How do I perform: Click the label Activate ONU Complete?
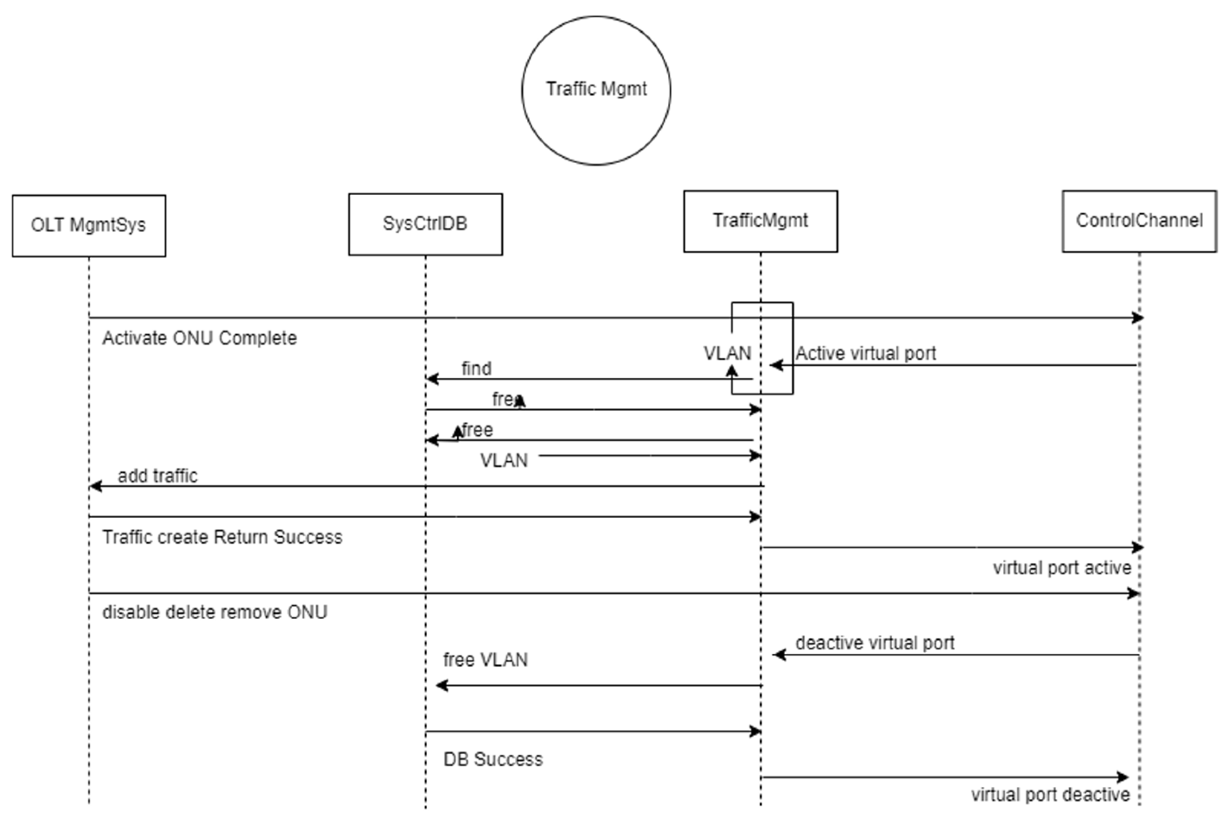point(199,338)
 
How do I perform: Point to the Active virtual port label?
point(866,353)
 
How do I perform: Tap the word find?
point(476,368)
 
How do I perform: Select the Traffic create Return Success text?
point(222,537)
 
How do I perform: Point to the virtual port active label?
point(1062,568)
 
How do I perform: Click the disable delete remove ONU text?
point(215,612)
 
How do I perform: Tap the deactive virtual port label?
point(875,643)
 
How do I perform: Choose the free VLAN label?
point(485,659)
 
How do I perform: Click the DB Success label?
point(493,759)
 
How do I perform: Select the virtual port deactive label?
point(1050,795)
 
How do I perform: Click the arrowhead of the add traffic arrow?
point(95,486)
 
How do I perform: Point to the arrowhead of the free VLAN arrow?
point(441,685)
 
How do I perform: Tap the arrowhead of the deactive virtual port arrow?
point(778,655)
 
